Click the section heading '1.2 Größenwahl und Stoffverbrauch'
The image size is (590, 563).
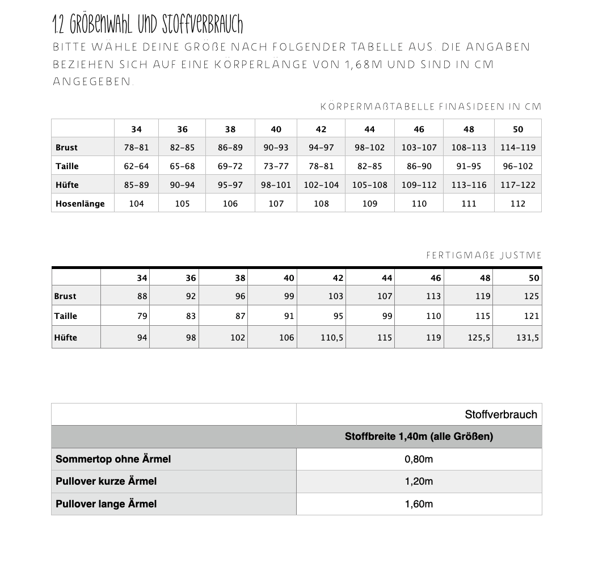147,24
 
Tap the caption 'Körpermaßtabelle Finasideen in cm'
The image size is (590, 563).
431,106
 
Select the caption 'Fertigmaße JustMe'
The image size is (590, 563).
484,255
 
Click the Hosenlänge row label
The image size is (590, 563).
80,203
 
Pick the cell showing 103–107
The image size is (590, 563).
419,147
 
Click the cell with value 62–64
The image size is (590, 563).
136,166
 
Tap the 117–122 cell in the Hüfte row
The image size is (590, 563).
517,184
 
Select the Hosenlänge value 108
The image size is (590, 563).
321,203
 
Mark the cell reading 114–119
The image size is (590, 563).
517,147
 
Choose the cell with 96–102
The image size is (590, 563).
517,166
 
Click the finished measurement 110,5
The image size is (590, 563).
332,337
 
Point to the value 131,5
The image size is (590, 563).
528,337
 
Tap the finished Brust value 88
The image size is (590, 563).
142,296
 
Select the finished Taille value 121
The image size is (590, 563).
531,316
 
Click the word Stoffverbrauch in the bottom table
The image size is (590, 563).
500,414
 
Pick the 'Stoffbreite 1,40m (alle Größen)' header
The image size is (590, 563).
419,436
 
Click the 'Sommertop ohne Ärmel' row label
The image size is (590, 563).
113,459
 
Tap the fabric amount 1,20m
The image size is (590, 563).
419,481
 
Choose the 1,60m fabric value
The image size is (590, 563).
419,503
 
